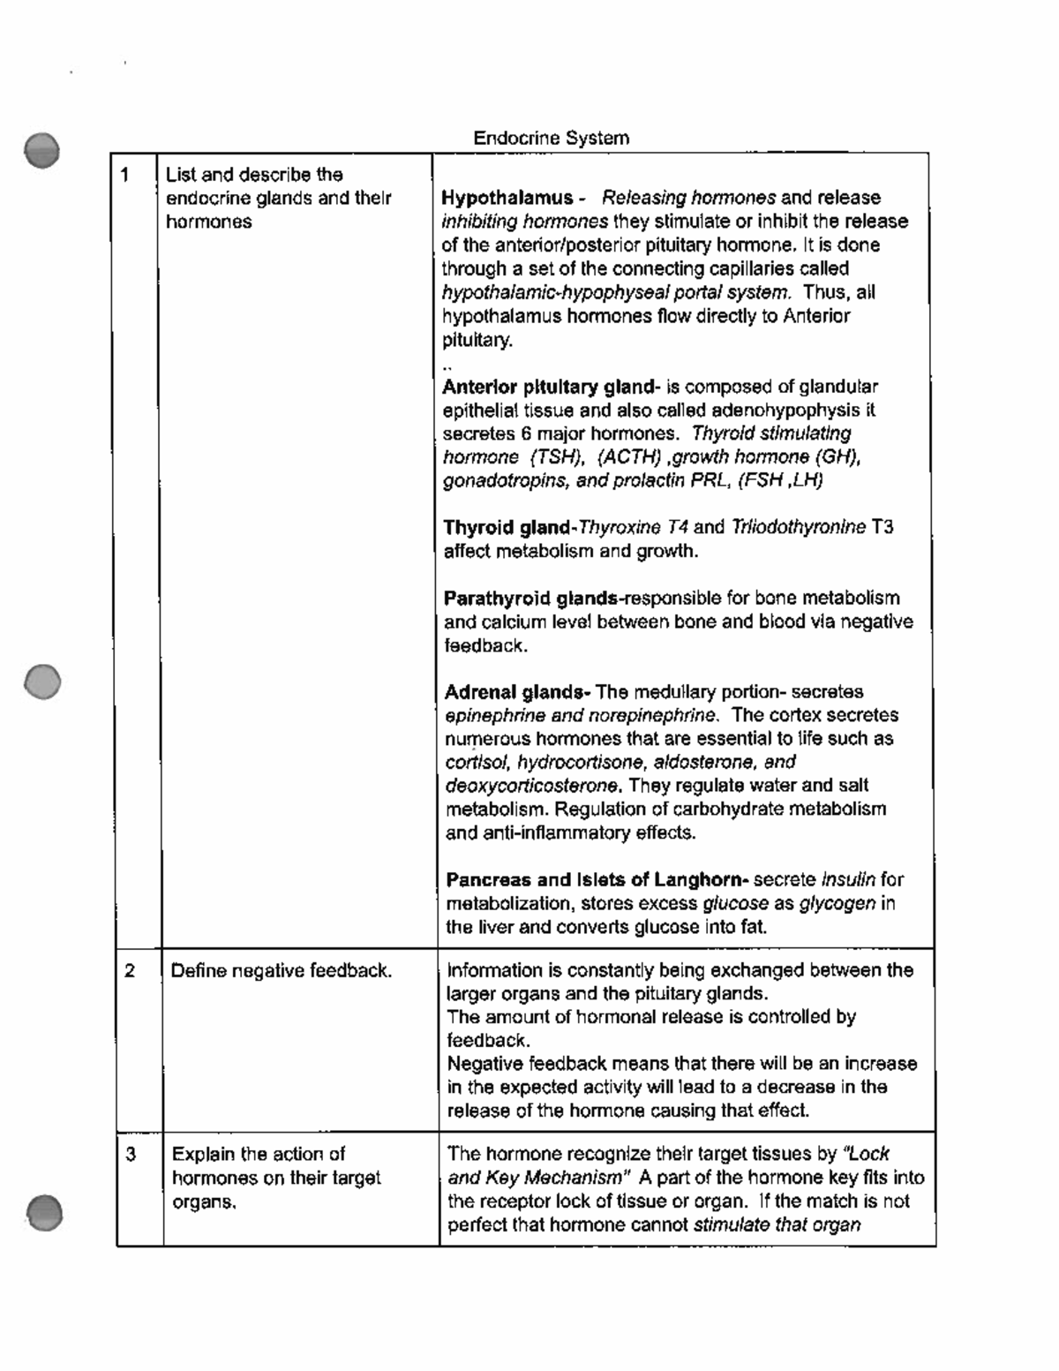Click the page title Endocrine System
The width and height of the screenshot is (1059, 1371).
coord(551,138)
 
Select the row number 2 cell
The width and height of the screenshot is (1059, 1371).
coord(130,971)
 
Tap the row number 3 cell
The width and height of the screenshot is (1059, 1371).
coord(131,1154)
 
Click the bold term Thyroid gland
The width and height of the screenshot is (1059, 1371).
coord(507,528)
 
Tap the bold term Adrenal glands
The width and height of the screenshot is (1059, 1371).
coord(517,692)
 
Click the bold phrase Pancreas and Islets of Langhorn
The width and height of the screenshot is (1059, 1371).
coord(597,880)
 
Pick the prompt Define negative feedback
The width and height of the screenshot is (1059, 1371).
coord(280,971)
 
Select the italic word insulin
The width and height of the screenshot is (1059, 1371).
coord(849,880)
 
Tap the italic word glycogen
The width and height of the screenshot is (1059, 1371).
coord(837,903)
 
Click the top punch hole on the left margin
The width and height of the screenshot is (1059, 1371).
coord(42,151)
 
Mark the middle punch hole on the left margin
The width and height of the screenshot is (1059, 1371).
coord(42,682)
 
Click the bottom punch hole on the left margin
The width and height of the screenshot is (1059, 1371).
coord(43,1211)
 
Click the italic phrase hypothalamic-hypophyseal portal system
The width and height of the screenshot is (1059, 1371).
coord(615,292)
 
